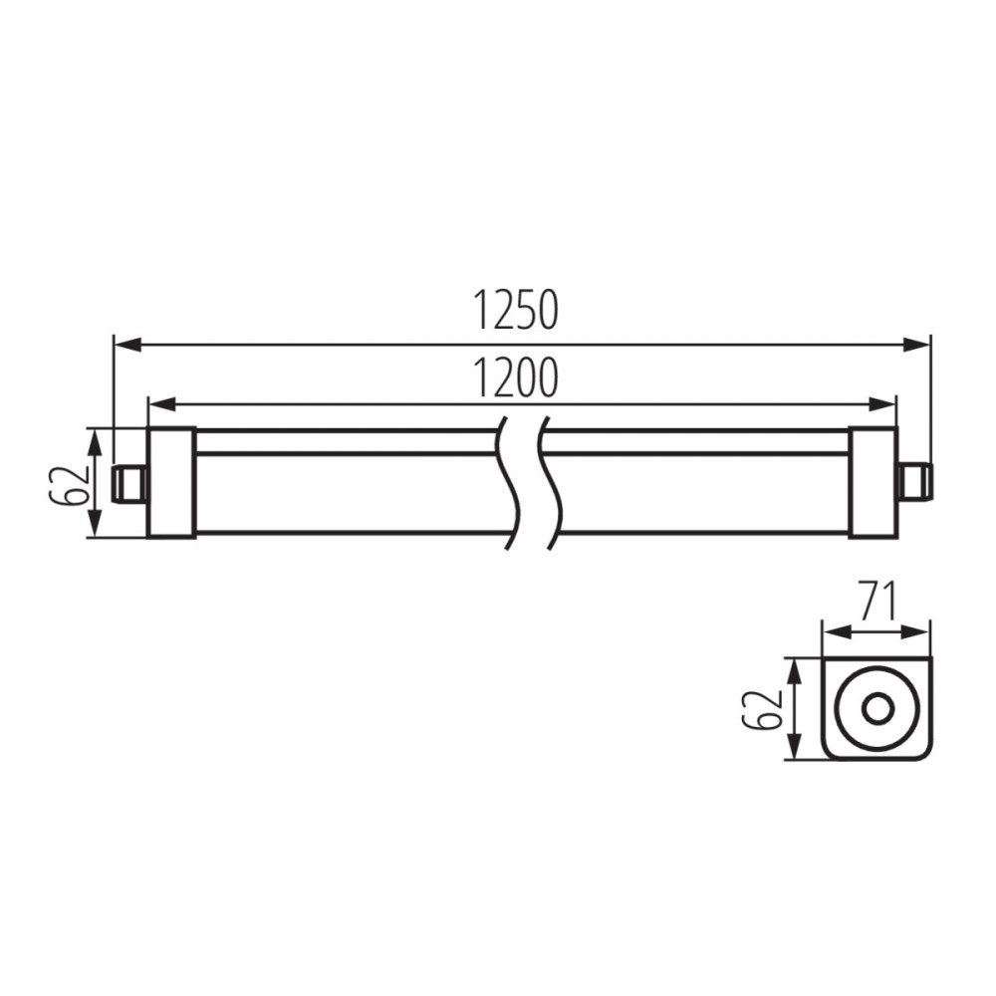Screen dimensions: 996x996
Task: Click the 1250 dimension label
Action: tap(517, 311)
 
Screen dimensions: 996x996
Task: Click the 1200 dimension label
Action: tap(517, 378)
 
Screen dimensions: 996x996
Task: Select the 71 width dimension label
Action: tap(875, 602)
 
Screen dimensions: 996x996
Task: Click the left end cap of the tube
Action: tap(171, 482)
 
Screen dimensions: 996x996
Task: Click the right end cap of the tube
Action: tap(872, 482)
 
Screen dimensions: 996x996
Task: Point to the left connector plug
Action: tap(128, 483)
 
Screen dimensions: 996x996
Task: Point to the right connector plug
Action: tap(914, 483)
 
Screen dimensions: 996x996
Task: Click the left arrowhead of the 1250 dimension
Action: tap(127, 345)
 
